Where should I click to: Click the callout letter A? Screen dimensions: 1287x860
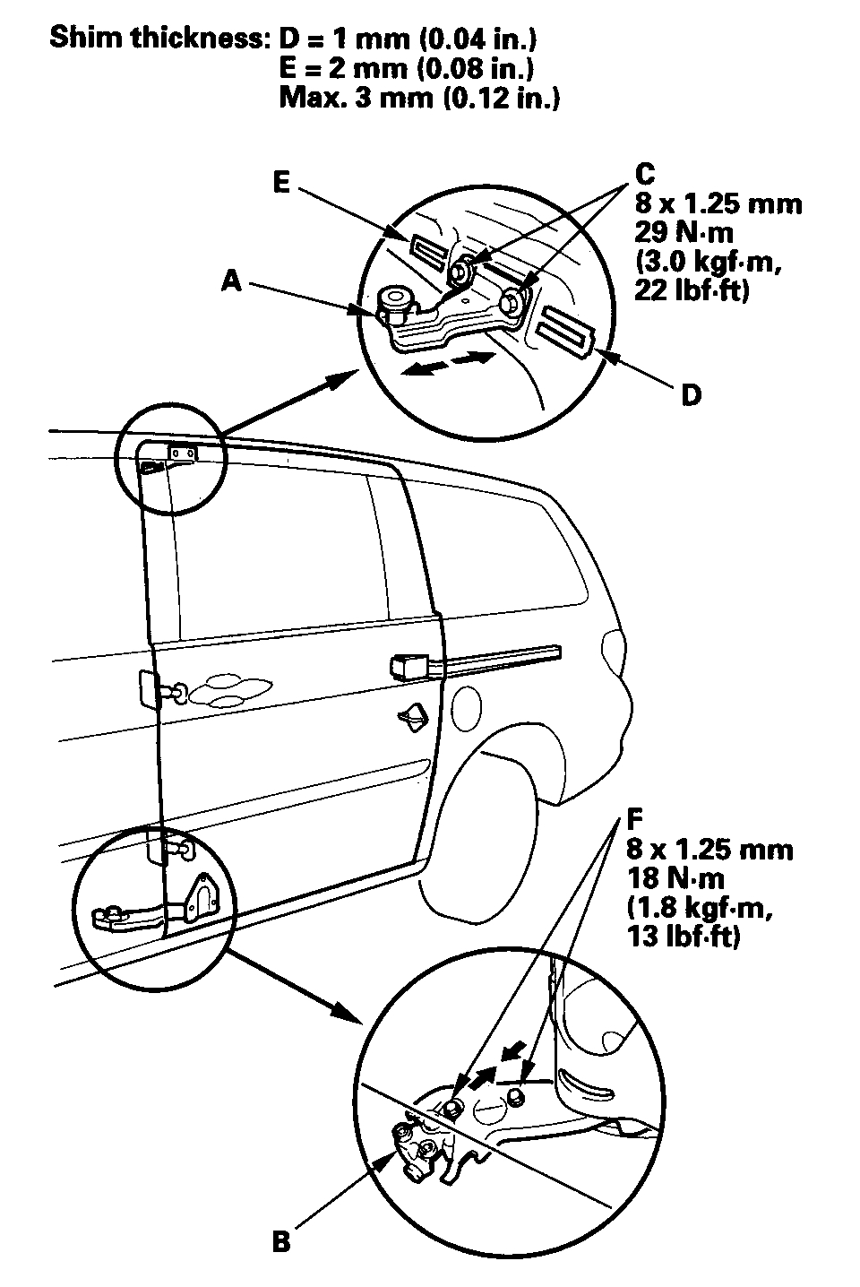[230, 281]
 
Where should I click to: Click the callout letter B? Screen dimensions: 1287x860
[281, 1242]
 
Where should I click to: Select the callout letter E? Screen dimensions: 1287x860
[282, 182]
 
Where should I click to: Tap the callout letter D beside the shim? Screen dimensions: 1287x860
[691, 394]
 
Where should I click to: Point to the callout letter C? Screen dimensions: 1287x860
[644, 173]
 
